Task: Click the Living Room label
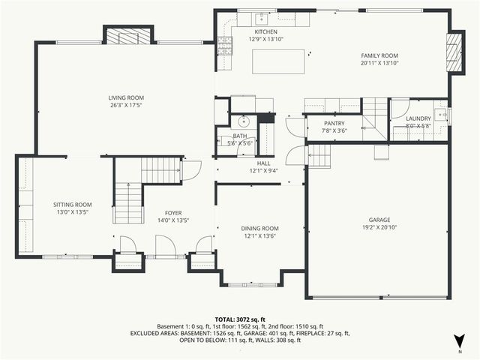tap(126, 97)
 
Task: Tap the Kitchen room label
tap(265, 32)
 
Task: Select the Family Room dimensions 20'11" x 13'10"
tap(379, 64)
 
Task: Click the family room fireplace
tap(454, 52)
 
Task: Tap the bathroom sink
tap(243, 121)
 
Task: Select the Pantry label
tap(334, 123)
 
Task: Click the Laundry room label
tap(418, 118)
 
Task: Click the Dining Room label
tap(259, 228)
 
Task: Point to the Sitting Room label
tap(72, 205)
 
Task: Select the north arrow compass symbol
tap(459, 343)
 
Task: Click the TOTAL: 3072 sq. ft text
tap(239, 319)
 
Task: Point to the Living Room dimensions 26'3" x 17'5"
tap(126, 105)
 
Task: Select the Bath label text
tap(239, 136)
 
